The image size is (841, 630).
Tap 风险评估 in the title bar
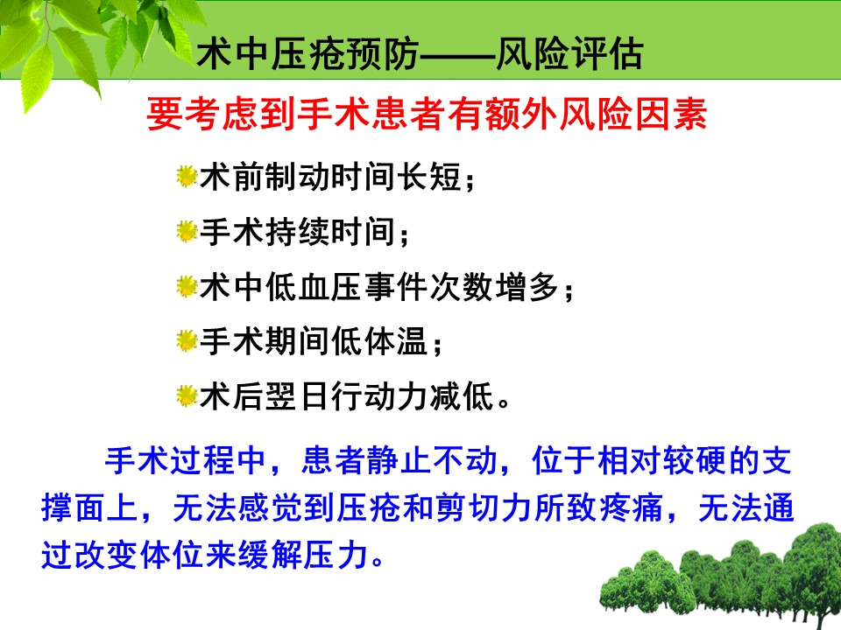(569, 54)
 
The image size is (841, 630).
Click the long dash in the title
(456, 55)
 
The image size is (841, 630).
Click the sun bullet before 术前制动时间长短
(187, 176)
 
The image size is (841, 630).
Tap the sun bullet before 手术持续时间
(187, 231)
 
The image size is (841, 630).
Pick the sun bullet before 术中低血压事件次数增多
(187, 287)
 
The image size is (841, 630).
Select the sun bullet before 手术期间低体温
(187, 341)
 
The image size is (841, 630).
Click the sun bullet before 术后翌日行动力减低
(187, 396)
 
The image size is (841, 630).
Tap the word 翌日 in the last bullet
(298, 397)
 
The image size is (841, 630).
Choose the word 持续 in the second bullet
(298, 232)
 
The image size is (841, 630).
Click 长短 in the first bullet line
(428, 177)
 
